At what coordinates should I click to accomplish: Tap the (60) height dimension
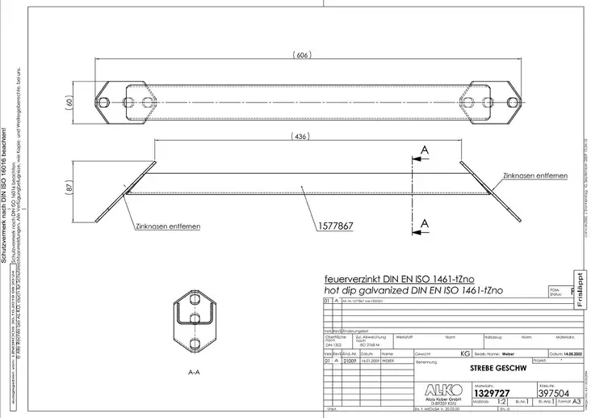click(69, 103)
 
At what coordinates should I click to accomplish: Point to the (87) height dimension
click(69, 185)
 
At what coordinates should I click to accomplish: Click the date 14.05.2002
click(564, 353)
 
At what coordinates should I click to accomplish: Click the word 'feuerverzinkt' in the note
click(346, 277)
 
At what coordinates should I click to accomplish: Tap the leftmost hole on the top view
click(107, 103)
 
